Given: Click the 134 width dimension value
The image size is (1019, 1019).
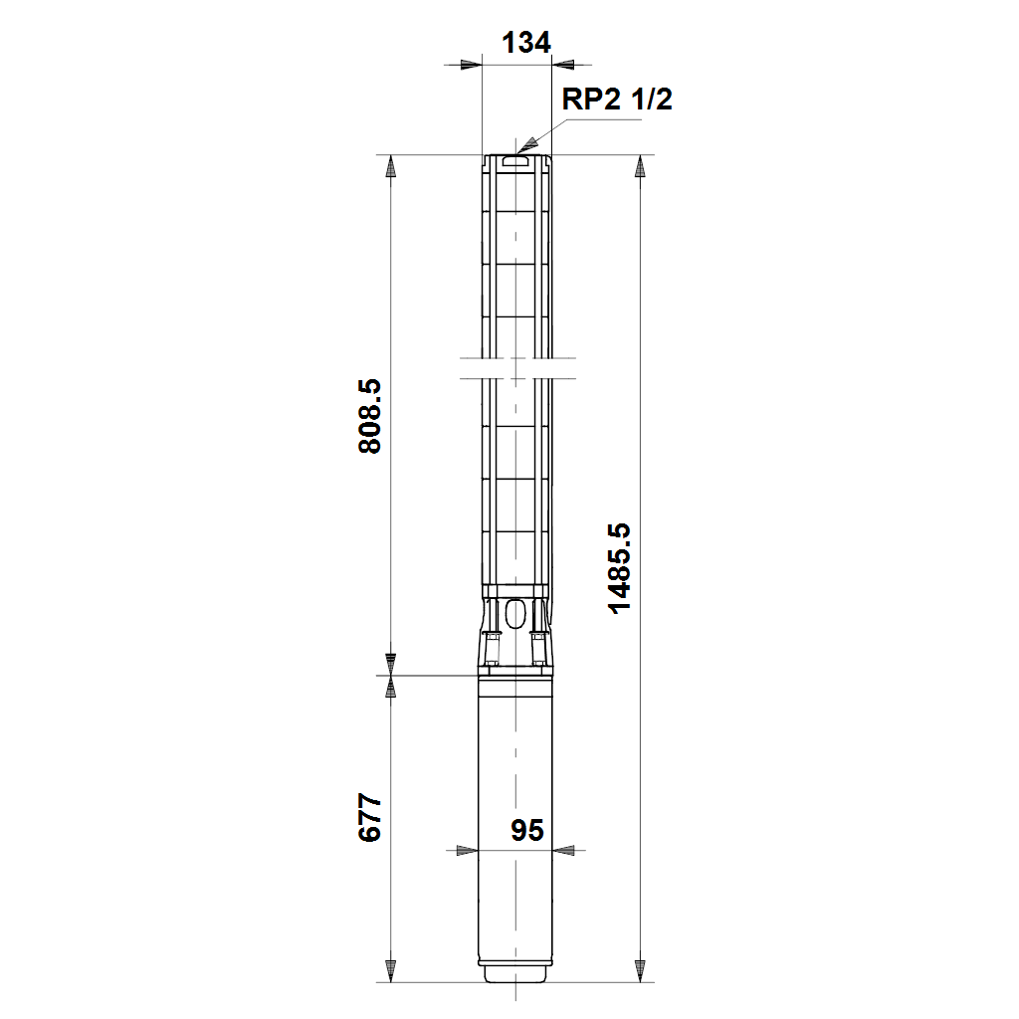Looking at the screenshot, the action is click(525, 43).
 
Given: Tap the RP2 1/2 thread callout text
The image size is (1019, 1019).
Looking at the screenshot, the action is click(617, 100).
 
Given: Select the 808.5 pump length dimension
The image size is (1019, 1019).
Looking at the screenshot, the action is click(370, 416).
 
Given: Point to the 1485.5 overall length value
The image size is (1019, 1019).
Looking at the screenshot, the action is click(619, 568).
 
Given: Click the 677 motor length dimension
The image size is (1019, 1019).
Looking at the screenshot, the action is click(370, 818).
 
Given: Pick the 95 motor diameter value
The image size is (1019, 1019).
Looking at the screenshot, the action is click(526, 830).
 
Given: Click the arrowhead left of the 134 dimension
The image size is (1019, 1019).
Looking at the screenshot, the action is click(471, 65).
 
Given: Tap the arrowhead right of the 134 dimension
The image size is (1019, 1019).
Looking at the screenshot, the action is click(563, 65).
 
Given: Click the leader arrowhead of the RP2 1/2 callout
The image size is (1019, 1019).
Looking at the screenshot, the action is click(527, 145).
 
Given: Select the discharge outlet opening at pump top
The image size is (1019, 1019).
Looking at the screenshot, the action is click(516, 160).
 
